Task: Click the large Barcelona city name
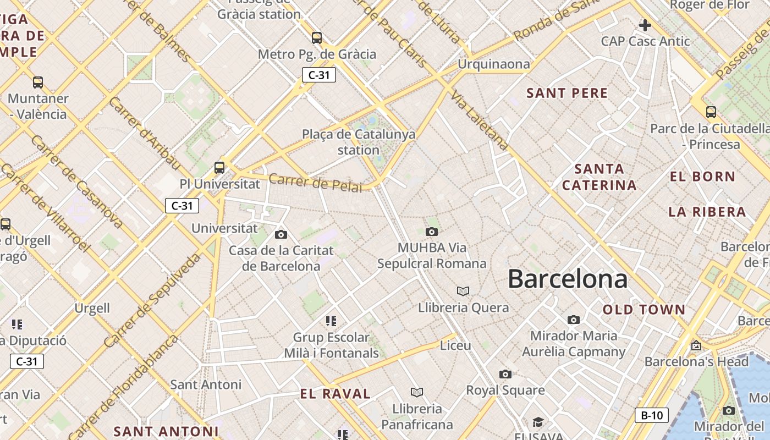(x=567, y=279)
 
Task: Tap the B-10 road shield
(x=652, y=415)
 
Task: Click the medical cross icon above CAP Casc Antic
(x=645, y=25)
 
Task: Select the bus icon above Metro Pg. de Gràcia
(x=317, y=38)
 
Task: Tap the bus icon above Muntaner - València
(x=38, y=82)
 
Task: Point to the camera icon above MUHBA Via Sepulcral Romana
(x=432, y=232)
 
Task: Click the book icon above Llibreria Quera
(x=463, y=291)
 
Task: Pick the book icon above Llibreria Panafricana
(x=417, y=392)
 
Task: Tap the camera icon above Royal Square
(x=505, y=375)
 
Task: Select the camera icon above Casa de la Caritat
(x=281, y=235)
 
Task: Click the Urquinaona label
(x=494, y=64)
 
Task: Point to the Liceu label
(x=455, y=345)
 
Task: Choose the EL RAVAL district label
(x=335, y=394)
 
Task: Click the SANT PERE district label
(x=567, y=93)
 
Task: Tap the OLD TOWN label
(x=644, y=310)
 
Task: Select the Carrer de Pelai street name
(x=315, y=183)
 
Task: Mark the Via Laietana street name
(x=479, y=122)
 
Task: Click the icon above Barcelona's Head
(x=696, y=345)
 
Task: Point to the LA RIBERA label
(x=707, y=212)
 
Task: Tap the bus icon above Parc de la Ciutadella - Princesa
(x=711, y=112)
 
